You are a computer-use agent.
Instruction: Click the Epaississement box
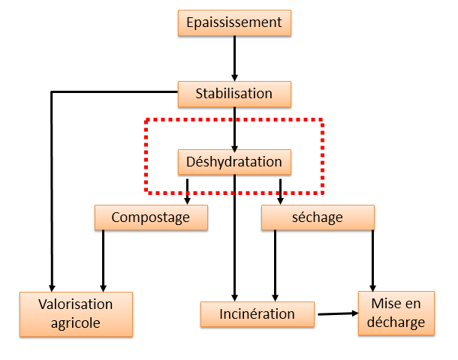(x=234, y=23)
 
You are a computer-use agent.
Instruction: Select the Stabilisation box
(x=234, y=94)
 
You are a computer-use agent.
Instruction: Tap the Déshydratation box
(x=234, y=162)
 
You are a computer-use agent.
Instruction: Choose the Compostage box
(x=152, y=217)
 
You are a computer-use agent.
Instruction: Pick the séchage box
(x=318, y=217)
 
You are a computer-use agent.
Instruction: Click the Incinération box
(x=258, y=314)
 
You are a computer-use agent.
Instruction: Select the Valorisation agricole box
(x=77, y=314)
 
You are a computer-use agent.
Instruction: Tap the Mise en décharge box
(x=396, y=313)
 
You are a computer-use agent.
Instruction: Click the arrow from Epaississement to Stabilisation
(x=234, y=58)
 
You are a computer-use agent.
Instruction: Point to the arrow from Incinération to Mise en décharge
(x=338, y=313)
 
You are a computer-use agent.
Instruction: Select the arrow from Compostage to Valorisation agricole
(x=103, y=261)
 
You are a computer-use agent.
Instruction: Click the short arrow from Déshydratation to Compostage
(x=187, y=192)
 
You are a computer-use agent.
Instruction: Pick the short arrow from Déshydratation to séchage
(x=280, y=192)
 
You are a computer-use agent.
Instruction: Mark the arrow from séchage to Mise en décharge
(x=372, y=261)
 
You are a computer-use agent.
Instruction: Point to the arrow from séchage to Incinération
(x=275, y=265)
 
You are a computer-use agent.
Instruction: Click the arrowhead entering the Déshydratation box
(x=234, y=148)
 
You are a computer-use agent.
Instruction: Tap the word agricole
(x=76, y=323)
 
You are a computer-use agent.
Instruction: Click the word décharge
(x=396, y=322)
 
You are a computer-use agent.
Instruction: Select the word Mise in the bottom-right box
(x=383, y=304)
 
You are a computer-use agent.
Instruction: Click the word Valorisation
(x=76, y=304)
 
